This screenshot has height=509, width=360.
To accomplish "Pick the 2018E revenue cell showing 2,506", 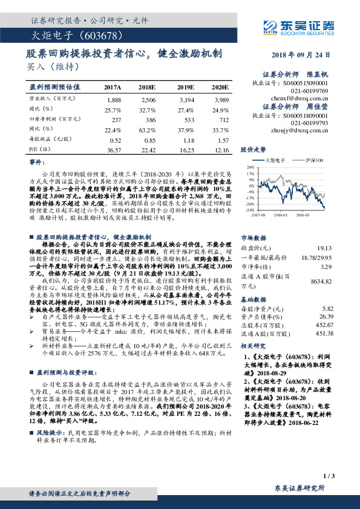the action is (148, 99).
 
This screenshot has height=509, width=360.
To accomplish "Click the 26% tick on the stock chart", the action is (250, 167).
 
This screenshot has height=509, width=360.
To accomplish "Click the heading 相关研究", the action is (254, 346).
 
